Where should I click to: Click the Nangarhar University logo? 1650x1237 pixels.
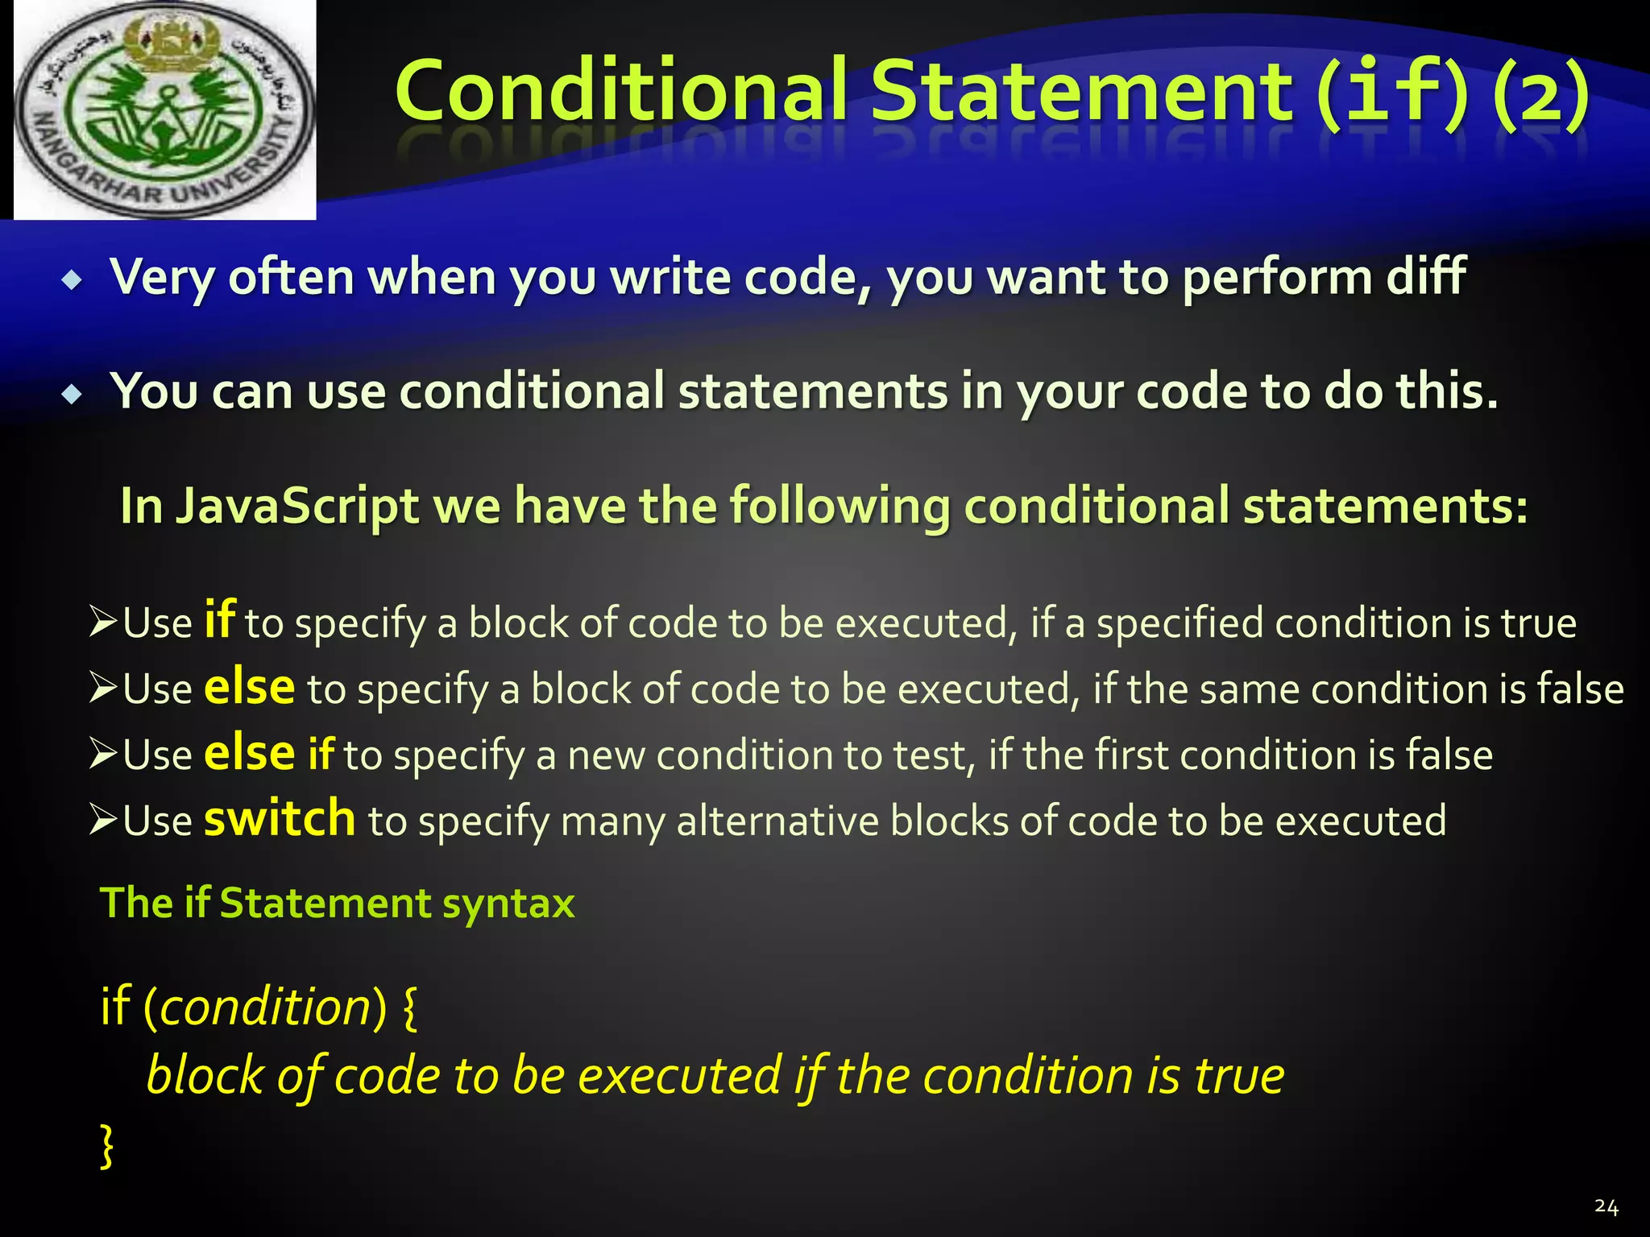165,110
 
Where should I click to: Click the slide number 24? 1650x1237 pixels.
1606,1206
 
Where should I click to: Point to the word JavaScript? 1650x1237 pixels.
297,507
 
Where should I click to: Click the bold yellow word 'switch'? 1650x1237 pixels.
279,819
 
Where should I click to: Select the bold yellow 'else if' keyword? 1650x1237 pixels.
268,754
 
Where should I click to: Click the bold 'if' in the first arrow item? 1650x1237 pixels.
219,620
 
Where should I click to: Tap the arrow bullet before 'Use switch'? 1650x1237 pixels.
104,820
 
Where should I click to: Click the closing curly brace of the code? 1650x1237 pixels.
106,1146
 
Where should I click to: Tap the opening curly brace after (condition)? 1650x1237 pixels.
409,1008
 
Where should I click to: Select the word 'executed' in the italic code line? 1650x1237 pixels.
679,1076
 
